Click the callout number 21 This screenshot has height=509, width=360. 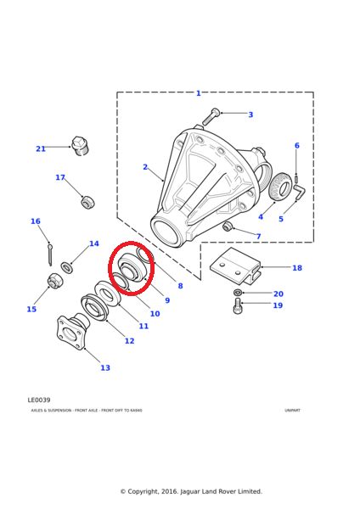[41, 148]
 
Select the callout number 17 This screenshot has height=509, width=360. [60, 178]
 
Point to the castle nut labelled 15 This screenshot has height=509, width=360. [53, 282]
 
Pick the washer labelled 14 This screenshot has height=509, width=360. [67, 267]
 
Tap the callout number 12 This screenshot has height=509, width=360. [129, 341]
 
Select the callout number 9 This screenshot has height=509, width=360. [167, 300]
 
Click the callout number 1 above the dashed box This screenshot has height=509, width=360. [199, 93]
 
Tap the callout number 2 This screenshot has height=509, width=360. [145, 167]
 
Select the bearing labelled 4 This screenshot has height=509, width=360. [280, 187]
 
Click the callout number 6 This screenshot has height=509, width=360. [296, 146]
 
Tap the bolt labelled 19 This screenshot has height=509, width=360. [238, 305]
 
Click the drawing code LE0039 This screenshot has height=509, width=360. [39, 400]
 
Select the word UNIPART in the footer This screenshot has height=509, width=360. [292, 411]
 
